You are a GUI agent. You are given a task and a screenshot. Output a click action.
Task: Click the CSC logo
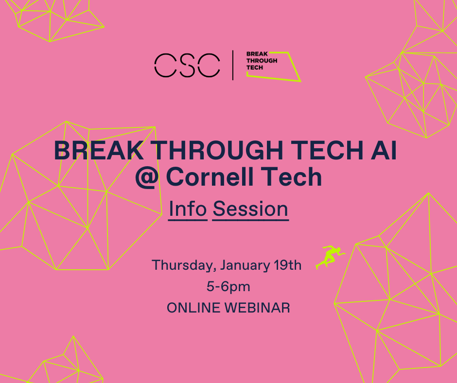187,65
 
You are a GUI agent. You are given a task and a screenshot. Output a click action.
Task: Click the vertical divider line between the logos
233,65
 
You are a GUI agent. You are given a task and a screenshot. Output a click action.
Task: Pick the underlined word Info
188,209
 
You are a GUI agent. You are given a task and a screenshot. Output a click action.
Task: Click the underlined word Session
250,209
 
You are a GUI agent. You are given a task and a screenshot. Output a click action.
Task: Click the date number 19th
288,265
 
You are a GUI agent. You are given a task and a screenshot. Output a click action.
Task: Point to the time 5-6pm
228,287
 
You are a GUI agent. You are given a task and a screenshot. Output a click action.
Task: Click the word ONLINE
193,308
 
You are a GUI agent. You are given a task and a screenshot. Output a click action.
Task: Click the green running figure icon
330,256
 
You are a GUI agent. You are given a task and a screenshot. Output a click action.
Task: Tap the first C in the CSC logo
164,65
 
